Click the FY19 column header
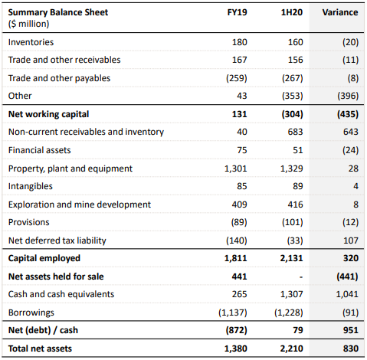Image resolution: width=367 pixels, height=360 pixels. click(x=237, y=12)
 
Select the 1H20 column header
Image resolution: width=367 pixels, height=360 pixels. click(x=292, y=12)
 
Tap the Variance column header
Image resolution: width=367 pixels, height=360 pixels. click(x=340, y=12)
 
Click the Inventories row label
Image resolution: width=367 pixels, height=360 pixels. click(x=31, y=42)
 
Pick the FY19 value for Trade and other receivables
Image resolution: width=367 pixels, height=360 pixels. click(x=239, y=60)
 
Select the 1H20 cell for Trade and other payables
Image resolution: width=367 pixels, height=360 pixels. click(x=293, y=78)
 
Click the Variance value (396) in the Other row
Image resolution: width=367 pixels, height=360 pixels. click(x=348, y=96)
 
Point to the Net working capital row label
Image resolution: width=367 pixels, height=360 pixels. click(x=48, y=114)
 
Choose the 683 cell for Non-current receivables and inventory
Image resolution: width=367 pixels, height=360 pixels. click(x=296, y=132)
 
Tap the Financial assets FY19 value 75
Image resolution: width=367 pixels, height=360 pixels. click(x=242, y=150)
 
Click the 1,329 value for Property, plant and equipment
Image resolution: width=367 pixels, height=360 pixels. click(x=292, y=169)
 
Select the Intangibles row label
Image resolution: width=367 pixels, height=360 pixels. click(x=31, y=186)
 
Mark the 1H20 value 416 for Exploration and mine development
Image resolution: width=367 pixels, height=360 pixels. click(x=296, y=205)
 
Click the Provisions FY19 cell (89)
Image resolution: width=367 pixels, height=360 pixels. click(x=239, y=222)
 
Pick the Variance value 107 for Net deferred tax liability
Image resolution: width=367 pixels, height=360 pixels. click(x=351, y=241)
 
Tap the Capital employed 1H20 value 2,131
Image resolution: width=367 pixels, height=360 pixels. click(x=291, y=258)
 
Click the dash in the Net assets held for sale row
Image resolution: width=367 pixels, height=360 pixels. click(x=301, y=277)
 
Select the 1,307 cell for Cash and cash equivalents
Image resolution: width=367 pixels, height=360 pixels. click(x=292, y=294)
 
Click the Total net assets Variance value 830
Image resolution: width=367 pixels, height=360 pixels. click(x=351, y=349)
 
